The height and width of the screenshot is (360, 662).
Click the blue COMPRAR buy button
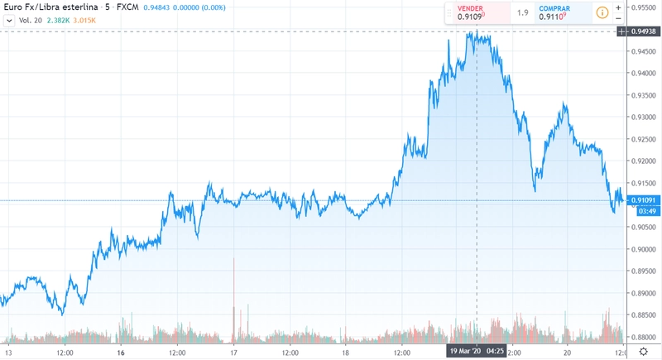556,12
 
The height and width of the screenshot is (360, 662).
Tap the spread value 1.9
522,13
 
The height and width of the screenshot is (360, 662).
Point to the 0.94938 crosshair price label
644,31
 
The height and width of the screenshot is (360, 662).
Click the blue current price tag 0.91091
644,200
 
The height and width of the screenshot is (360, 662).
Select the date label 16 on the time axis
121,352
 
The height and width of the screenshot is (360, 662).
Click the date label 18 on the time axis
346,352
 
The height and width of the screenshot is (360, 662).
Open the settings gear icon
643,352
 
